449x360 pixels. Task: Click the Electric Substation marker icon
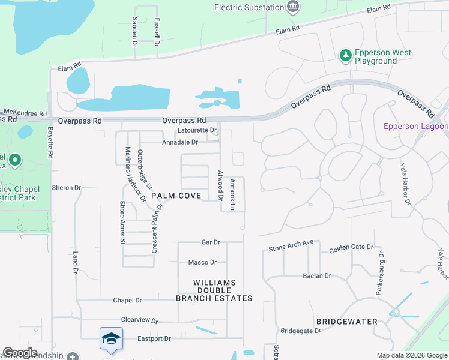pos(293,7)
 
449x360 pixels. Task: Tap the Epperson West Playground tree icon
pos(345,56)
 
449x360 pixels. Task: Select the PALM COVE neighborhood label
pos(176,196)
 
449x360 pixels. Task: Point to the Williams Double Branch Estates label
pos(214,290)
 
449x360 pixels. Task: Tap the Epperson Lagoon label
pos(416,126)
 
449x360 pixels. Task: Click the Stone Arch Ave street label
pos(291,247)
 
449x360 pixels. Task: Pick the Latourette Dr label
pos(197,130)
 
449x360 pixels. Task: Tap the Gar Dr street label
pos(211,242)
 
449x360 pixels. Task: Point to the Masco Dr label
pos(202,262)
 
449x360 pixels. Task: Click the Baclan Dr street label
pos(317,276)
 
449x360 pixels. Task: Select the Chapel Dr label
pos(127,300)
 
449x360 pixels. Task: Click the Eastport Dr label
pos(154,338)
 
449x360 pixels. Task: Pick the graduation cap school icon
pos(111,339)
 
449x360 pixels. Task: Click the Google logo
pos(20,353)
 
